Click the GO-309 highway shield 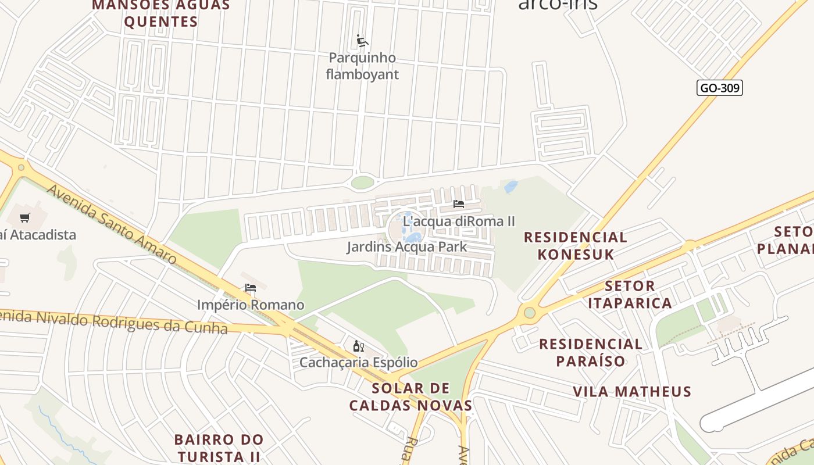[x=720, y=88]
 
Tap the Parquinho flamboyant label [x=362, y=66]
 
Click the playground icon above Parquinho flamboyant [x=362, y=41]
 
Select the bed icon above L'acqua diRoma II [x=459, y=204]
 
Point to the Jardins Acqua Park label [x=406, y=246]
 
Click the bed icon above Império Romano [x=251, y=287]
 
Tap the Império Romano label [x=251, y=305]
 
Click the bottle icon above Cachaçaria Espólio [x=359, y=346]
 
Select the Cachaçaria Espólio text [x=358, y=362]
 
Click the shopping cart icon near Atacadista [x=24, y=218]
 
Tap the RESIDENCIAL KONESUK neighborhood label [x=575, y=245]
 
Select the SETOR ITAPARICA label [x=630, y=294]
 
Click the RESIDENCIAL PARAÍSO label [x=591, y=352]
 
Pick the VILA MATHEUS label [x=632, y=391]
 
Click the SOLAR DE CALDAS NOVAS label [x=410, y=396]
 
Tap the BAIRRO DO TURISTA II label [x=219, y=448]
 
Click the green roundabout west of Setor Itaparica [x=529, y=313]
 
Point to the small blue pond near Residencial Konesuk [x=510, y=187]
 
